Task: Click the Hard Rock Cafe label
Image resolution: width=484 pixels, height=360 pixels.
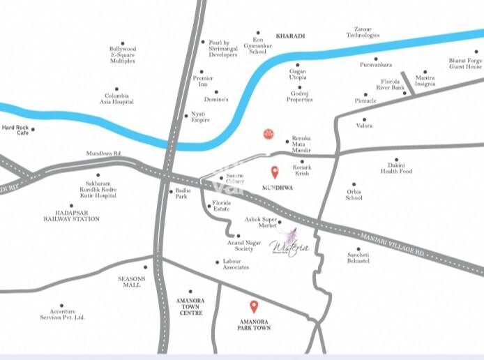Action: [14, 130]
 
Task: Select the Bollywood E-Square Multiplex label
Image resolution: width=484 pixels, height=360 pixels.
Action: [123, 54]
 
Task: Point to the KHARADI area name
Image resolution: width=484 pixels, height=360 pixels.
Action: [291, 36]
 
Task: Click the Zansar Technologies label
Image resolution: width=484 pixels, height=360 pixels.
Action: [363, 32]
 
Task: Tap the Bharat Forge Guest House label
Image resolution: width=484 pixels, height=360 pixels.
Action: [465, 63]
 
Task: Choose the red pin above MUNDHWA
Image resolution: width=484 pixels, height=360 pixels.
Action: [275, 172]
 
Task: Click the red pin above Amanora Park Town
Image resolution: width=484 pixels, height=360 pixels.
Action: [254, 306]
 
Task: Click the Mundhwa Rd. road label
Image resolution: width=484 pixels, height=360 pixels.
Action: [104, 153]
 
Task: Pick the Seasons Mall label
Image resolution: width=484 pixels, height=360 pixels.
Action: [131, 282]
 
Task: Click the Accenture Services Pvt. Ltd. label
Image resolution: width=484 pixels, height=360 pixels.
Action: [62, 317]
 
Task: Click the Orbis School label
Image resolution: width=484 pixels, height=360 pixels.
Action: [354, 195]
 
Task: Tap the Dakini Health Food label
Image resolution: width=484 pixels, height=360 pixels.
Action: [396, 168]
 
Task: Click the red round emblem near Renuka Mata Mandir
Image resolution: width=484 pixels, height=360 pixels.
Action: [266, 133]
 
